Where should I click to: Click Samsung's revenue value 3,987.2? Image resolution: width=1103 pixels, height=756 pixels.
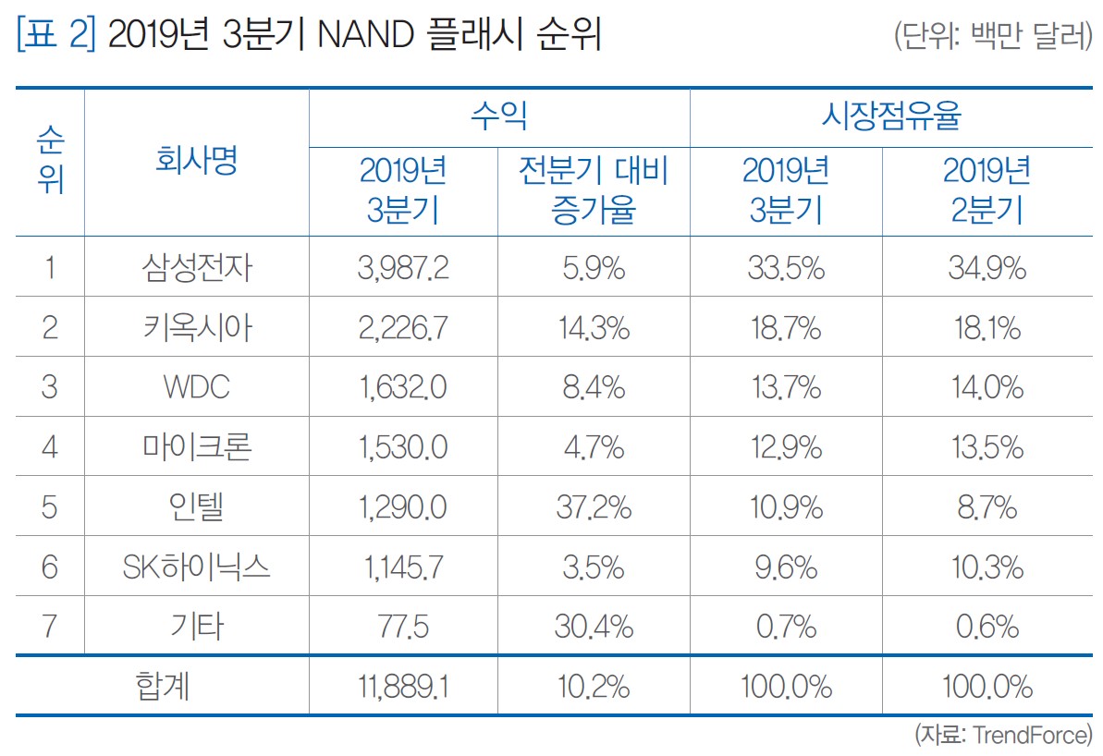403,268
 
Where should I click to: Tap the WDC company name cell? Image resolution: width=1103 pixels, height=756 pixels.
197,387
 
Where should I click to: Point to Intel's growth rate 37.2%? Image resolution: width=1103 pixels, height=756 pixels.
593,507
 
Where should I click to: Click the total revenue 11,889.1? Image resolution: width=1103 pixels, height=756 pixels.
403,687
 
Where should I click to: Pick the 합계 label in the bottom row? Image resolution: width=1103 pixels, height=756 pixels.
163,687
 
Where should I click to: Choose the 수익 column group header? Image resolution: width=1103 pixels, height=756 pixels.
498,117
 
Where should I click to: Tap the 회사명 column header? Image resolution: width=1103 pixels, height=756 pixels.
197,162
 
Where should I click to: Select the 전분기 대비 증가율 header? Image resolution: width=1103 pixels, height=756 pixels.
593,191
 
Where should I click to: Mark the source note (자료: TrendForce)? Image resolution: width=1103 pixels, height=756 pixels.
1003,736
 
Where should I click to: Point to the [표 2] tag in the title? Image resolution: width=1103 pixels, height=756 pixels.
55,38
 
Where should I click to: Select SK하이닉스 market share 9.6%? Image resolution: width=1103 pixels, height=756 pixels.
785,567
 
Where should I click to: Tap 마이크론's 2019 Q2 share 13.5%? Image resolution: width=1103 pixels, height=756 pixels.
986,447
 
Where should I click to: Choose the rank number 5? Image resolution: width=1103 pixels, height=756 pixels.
50,507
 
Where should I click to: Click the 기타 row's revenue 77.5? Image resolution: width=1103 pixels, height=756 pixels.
403,628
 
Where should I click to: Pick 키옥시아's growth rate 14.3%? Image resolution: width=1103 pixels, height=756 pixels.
593,328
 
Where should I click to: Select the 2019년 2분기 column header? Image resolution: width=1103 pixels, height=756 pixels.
986,191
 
